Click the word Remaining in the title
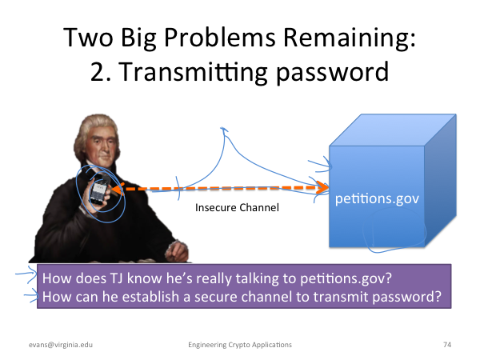pyautogui.click(x=349, y=38)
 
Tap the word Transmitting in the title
pyautogui.click(x=193, y=72)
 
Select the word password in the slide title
pyautogui.click(x=333, y=73)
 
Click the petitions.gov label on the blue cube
pyautogui.click(x=377, y=199)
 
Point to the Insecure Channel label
pyautogui.click(x=238, y=207)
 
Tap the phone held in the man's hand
pyautogui.click(x=99, y=189)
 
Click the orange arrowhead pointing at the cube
pyautogui.click(x=322, y=187)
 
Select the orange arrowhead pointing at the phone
pyautogui.click(x=118, y=189)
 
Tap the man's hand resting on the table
pyautogui.click(x=177, y=251)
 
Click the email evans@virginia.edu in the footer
pyautogui.click(x=61, y=345)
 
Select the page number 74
pyautogui.click(x=447, y=345)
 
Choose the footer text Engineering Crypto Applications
pyautogui.click(x=240, y=345)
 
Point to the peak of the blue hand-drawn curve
pyautogui.click(x=224, y=129)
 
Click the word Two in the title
pyautogui.click(x=88, y=38)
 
